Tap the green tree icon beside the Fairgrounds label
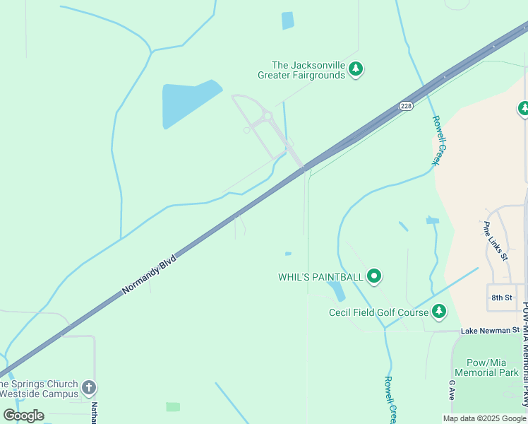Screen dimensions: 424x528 click(356, 69)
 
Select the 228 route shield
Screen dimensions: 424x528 click(405, 106)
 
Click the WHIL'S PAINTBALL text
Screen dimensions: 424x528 click(320, 276)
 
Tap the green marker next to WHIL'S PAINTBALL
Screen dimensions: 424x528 click(374, 276)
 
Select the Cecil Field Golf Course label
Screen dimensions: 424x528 click(379, 312)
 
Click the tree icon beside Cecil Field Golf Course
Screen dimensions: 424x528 click(439, 312)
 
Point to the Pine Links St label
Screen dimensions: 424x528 click(496, 241)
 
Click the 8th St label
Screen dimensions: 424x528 click(501, 298)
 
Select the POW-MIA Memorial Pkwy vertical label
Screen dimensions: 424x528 click(524, 353)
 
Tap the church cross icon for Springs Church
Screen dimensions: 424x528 click(88, 388)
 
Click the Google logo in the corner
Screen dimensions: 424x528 click(23, 416)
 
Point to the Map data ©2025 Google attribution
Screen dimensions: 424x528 click(484, 418)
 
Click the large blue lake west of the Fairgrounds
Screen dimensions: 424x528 click(187, 104)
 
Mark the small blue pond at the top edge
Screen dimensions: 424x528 click(287, 20)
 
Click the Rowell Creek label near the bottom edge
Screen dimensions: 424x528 click(389, 399)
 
